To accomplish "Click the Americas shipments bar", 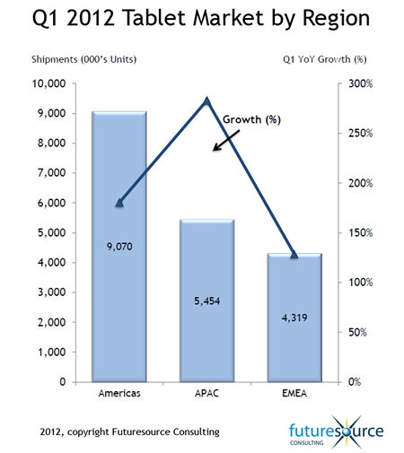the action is pos(119,247).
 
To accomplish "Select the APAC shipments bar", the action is pos(206,301).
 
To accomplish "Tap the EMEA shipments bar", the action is pos(294,318).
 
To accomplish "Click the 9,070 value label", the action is pos(119,247).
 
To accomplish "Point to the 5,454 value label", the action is pos(207,301).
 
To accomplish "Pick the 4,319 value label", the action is pos(294,318).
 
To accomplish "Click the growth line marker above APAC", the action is pos(206,100).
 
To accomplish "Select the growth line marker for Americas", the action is pos(119,203).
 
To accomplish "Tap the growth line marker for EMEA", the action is pos(294,255).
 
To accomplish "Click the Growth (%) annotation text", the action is pos(251,119).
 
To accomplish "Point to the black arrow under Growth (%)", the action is pos(226,140).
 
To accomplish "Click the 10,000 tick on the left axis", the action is pos(48,83).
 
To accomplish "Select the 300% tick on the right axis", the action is pos(360,83).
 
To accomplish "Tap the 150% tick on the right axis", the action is pos(360,232).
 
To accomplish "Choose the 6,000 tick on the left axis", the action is pos(51,203).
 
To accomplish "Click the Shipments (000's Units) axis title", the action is pos(84,59).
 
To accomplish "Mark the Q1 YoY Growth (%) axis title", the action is pos(325,59).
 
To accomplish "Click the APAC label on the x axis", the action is pos(206,393).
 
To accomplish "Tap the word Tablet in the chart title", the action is pos(155,18).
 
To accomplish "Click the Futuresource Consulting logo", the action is pos(336,432).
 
